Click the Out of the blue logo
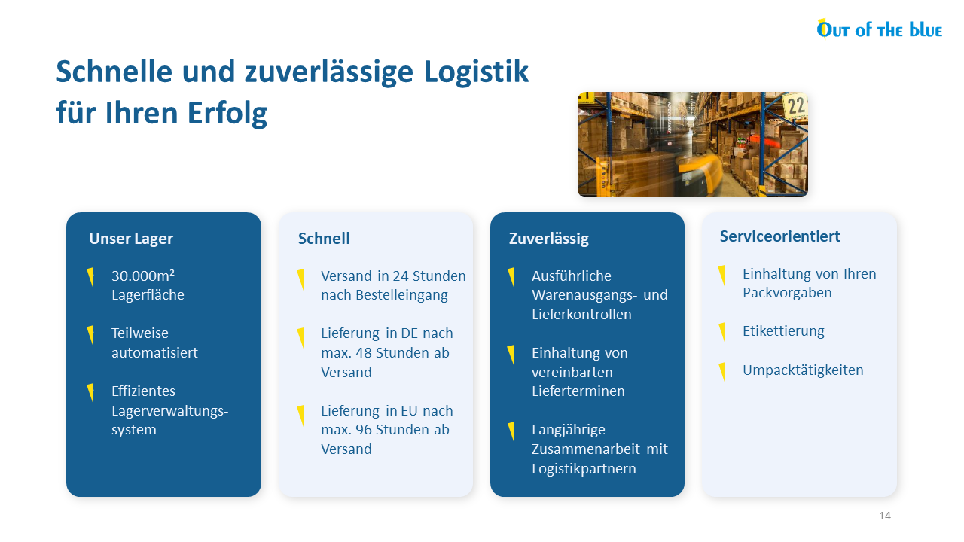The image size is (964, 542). [x=879, y=29]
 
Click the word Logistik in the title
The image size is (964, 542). [x=476, y=72]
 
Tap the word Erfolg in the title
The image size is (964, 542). [x=227, y=113]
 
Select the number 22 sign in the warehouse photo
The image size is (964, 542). [x=796, y=106]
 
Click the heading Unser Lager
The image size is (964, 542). [x=131, y=239]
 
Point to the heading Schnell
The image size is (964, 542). [x=324, y=239]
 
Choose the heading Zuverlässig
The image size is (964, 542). [x=549, y=239]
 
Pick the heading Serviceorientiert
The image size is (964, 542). [x=779, y=236]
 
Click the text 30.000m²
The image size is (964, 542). [x=143, y=276]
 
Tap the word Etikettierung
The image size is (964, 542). [x=783, y=330]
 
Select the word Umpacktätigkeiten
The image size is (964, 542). [x=803, y=370]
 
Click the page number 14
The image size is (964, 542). [x=885, y=516]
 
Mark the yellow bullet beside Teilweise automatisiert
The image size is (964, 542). [x=90, y=336]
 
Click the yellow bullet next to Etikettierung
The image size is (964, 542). [x=722, y=333]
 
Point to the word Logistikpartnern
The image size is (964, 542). [x=584, y=468]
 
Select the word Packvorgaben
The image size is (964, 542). [x=787, y=293]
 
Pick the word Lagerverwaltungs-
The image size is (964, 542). [x=169, y=411]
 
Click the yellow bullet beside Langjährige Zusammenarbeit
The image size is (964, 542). [x=511, y=432]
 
